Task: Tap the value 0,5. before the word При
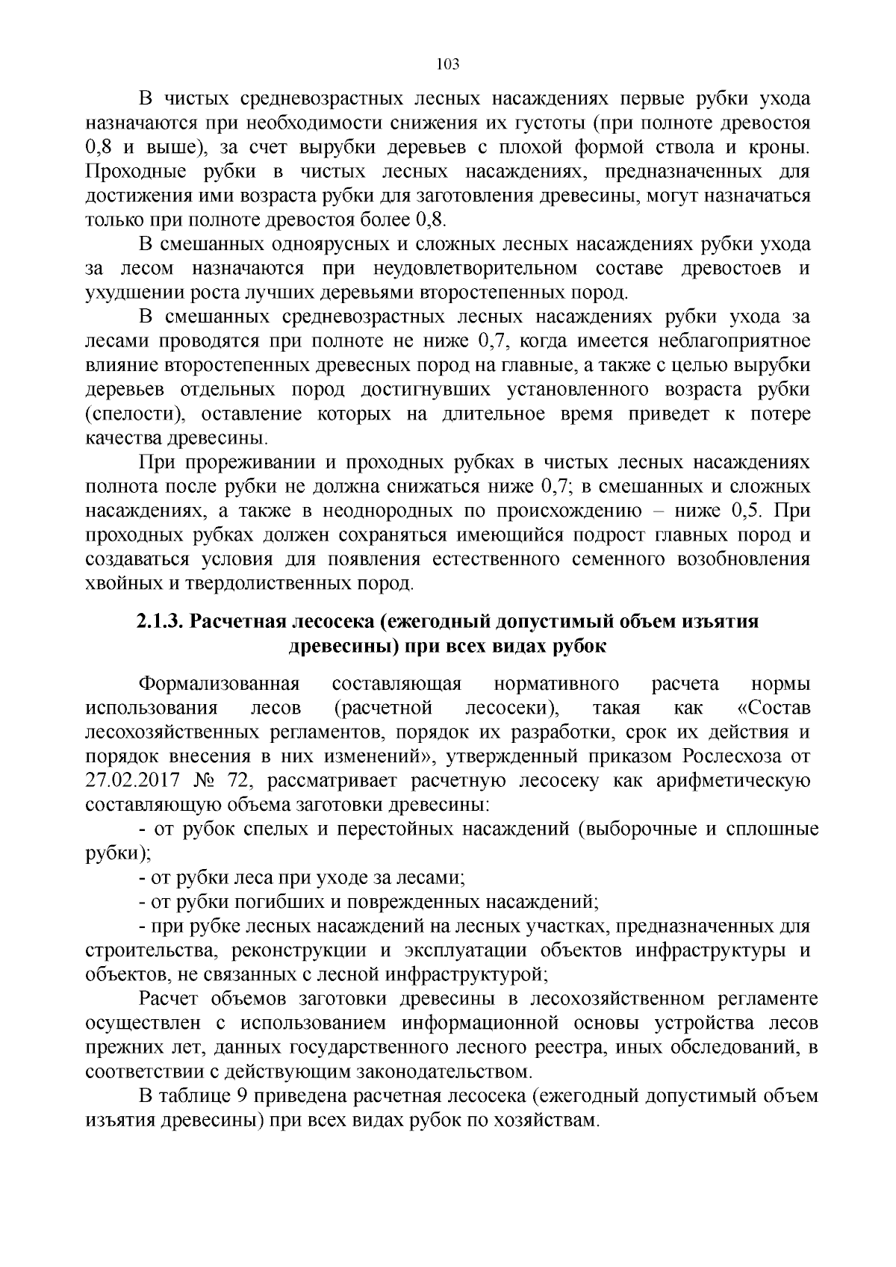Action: point(752,511)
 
